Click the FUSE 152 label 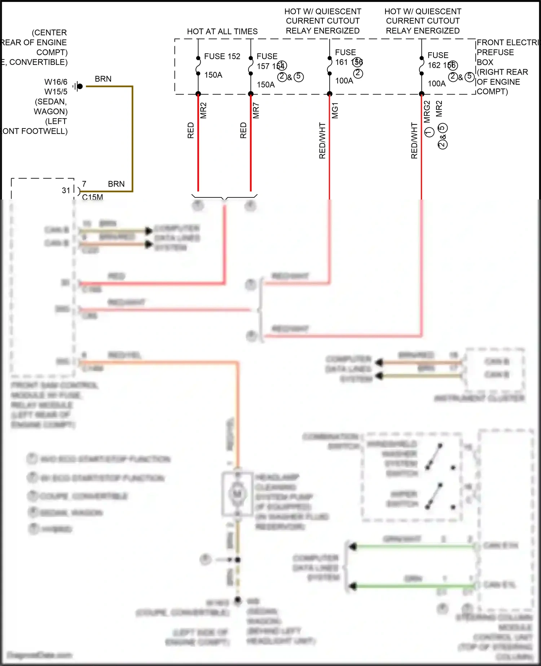222,56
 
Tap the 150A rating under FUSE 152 213,75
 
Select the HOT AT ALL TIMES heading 222,31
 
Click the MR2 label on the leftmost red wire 203,110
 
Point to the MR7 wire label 256,110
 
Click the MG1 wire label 335,110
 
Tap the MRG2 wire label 427,111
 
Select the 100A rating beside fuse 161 344,81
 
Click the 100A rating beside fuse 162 436,84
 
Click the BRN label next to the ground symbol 103,79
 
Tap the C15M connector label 92,197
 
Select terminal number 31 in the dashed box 66,190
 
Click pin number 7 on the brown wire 84,184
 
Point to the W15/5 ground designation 56,92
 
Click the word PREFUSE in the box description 495,52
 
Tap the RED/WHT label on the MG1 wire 322,141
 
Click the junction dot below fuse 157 251,94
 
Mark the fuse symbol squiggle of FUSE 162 421,66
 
